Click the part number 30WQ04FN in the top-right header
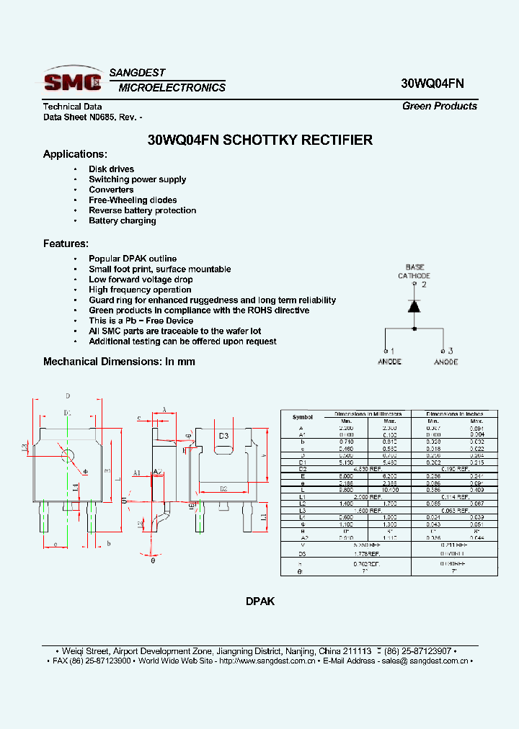(x=432, y=83)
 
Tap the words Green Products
(x=440, y=106)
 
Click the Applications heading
(x=75, y=154)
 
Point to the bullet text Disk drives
(x=111, y=169)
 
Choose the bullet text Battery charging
(x=122, y=220)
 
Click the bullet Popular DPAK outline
(x=132, y=259)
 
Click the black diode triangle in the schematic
(x=414, y=305)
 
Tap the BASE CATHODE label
(x=414, y=272)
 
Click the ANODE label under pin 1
(x=390, y=362)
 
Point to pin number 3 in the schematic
(x=450, y=351)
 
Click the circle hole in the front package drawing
(x=68, y=455)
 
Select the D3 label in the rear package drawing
(x=223, y=436)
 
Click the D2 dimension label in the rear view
(x=223, y=488)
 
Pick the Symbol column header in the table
(x=303, y=417)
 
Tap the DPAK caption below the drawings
(x=260, y=601)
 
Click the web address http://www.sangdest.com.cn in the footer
(x=267, y=661)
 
